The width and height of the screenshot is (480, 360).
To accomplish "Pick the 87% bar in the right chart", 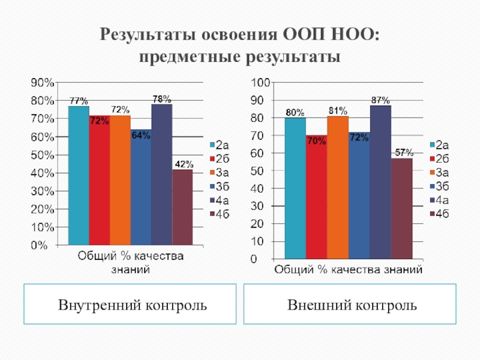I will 380,182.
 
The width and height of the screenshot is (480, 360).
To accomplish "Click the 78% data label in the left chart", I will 161,98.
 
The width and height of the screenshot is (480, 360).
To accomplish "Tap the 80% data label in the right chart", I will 295,112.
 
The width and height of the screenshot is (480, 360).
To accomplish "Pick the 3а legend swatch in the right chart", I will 432,173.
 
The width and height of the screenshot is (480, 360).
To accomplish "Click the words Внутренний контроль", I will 133,305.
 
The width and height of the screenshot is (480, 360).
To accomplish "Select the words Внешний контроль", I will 352,305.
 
